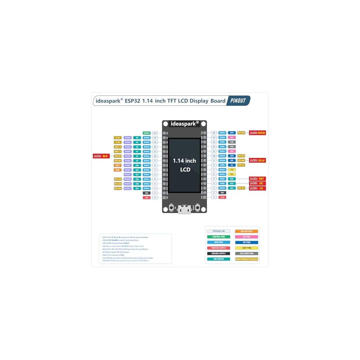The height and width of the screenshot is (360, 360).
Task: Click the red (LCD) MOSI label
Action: [x=257, y=133]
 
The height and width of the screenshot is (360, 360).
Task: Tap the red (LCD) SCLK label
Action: [x=257, y=160]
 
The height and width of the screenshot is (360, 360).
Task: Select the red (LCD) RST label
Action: [x=257, y=179]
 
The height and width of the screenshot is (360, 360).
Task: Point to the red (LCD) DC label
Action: [x=257, y=183]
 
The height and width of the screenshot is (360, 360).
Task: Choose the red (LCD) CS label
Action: [x=257, y=188]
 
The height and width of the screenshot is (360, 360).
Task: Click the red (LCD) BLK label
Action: [x=101, y=156]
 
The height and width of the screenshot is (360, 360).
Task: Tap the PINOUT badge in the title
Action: [x=238, y=101]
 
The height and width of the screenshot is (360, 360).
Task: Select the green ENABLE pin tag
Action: [x=146, y=133]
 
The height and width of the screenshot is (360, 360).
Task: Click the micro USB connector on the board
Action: [x=184, y=210]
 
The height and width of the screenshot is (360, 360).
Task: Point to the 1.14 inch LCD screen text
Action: [x=184, y=165]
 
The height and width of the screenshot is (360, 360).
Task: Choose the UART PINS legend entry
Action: [x=247, y=248]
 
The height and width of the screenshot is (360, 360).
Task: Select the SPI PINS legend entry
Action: [x=247, y=243]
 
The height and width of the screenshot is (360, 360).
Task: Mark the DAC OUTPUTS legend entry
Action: [x=247, y=231]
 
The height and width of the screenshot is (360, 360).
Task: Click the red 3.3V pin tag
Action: [x=222, y=197]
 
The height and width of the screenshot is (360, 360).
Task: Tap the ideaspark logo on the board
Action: [x=184, y=123]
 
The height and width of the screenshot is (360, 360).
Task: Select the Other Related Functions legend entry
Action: [x=247, y=259]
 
